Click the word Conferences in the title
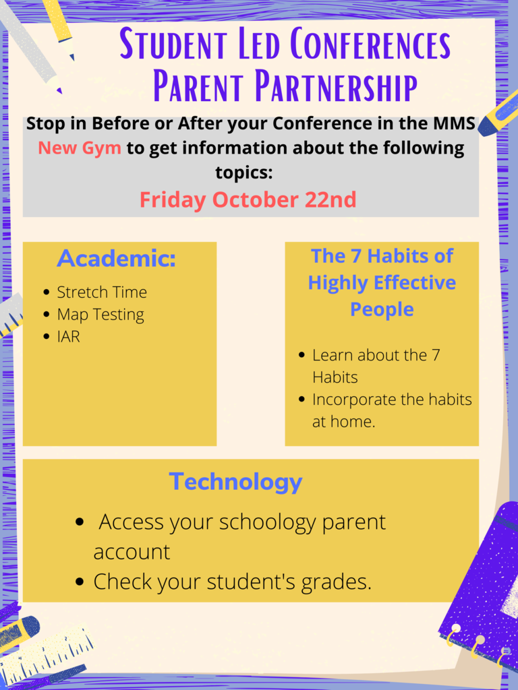pos(371,44)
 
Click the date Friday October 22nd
pos(248,199)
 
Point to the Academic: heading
pos(116,258)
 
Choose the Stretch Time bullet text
pos(102,292)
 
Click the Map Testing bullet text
pos(100,315)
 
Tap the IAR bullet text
pos(69,337)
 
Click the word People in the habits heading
pos(382,310)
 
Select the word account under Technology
pos(132,553)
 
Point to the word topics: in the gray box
pos(244,172)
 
